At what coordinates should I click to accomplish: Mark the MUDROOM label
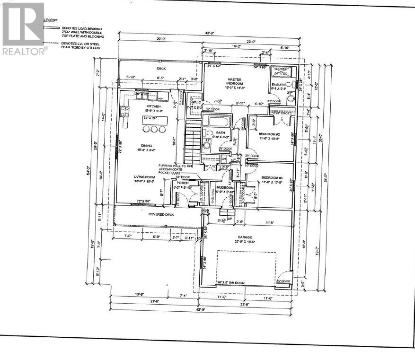[225, 188]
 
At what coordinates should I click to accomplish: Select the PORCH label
[183, 183]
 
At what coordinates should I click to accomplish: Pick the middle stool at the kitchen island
[153, 129]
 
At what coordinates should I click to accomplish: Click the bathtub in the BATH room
[218, 121]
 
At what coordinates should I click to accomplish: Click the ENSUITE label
[276, 84]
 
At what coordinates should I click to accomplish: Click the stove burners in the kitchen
[125, 112]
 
